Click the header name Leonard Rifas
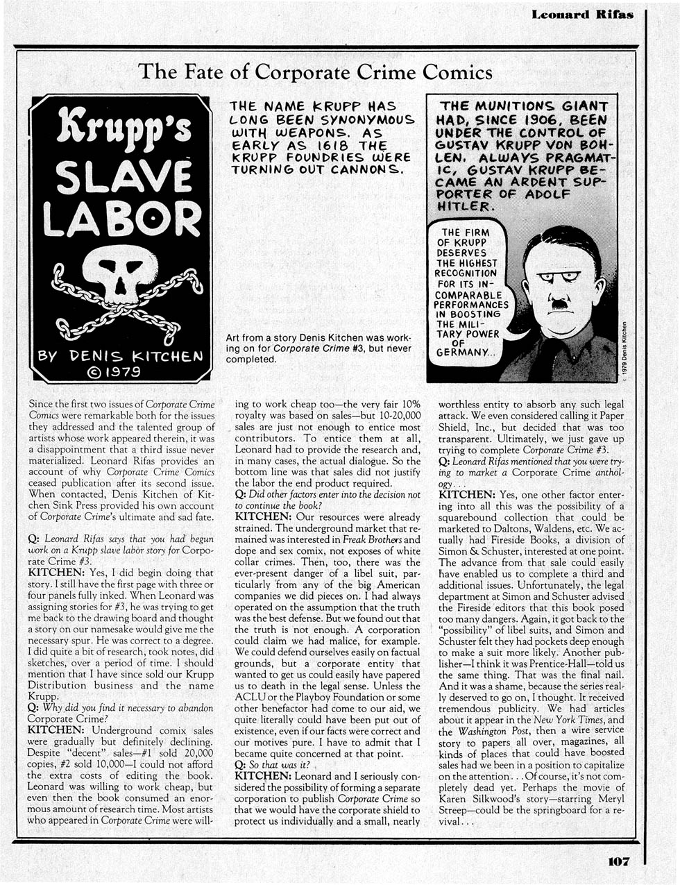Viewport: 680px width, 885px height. tap(582, 14)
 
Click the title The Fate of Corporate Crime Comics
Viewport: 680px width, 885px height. tap(316, 71)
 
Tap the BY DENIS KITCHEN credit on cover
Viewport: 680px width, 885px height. tap(119, 356)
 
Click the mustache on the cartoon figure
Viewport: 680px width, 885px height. tap(559, 303)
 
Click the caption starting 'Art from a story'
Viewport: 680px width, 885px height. tap(318, 348)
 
